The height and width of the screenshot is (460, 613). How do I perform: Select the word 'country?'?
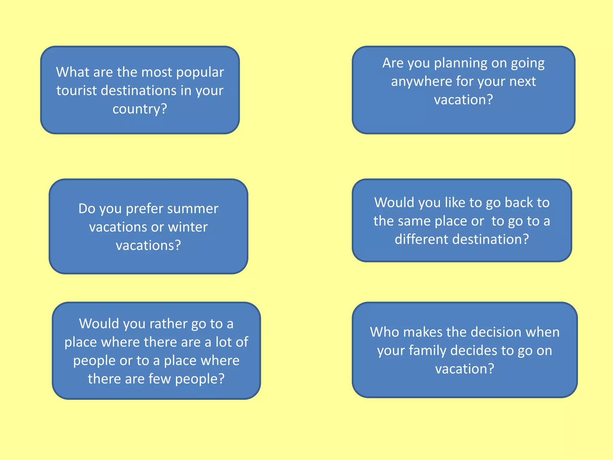point(140,109)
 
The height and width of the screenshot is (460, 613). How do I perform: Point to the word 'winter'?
point(188,227)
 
